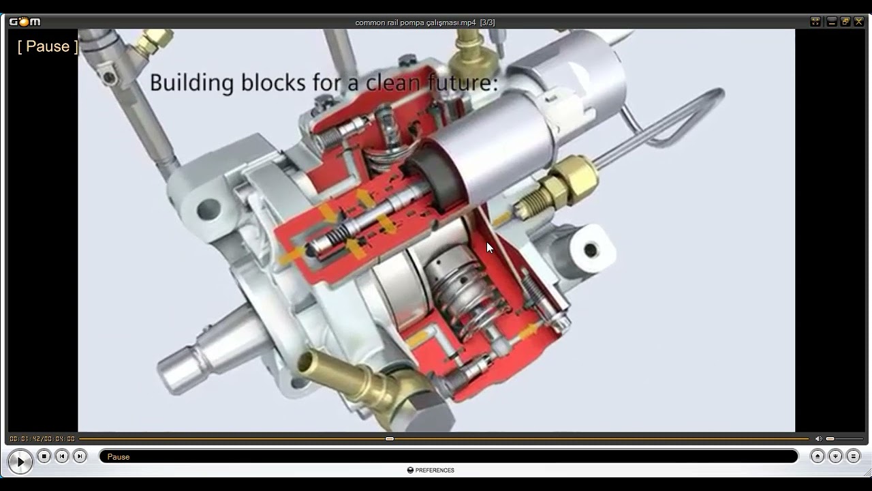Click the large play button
pos(20,462)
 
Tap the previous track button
pos(62,456)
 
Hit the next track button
pos(80,456)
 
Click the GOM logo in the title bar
pos(25,22)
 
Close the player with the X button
pos(858,22)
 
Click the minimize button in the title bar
pos(832,22)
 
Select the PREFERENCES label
pos(435,470)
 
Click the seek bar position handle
pos(389,438)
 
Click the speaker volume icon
pos(819,438)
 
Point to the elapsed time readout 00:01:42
pos(25,438)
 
